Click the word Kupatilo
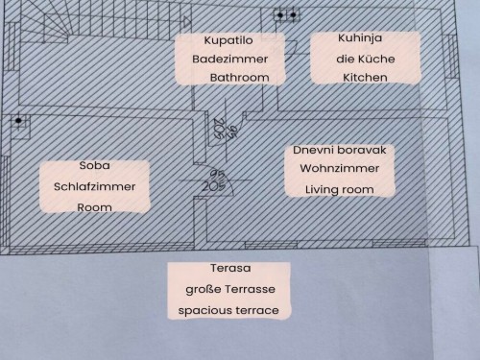click(x=228, y=40)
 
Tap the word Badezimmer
click(x=230, y=60)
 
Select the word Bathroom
click(x=239, y=78)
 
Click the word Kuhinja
click(x=360, y=38)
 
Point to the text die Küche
click(x=366, y=59)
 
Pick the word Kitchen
click(x=365, y=78)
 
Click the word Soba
click(x=95, y=166)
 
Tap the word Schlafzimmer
click(x=94, y=186)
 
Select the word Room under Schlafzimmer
click(x=94, y=207)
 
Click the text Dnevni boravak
click(x=340, y=150)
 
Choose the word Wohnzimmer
click(x=340, y=168)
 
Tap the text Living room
click(x=340, y=189)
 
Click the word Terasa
click(x=230, y=268)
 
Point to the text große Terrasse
click(x=230, y=289)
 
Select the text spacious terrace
click(x=228, y=310)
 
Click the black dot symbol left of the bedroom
click(x=18, y=121)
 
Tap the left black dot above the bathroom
click(x=280, y=15)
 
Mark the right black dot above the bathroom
click(x=293, y=14)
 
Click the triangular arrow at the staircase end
click(x=186, y=22)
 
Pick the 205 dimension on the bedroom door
click(x=214, y=186)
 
